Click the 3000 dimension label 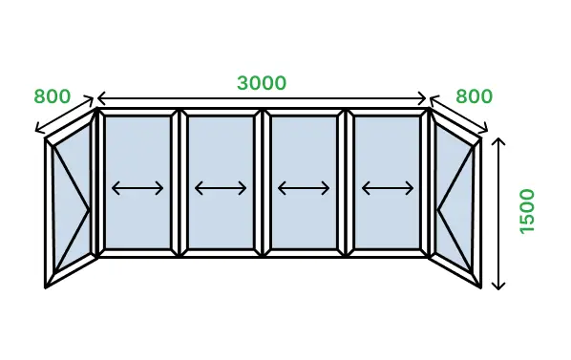tap(262, 83)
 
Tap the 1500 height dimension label tap(527, 211)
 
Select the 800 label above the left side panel tap(52, 96)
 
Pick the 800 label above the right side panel tap(474, 96)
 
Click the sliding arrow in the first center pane tap(137, 188)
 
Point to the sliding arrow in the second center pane tap(221, 188)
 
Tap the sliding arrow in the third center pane tap(304, 188)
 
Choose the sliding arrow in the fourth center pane tap(388, 188)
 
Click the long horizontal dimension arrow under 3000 tap(262, 98)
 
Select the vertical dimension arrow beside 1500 tap(498, 214)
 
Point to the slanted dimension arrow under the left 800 tap(64, 114)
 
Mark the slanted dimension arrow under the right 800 tap(458, 114)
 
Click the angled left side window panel tap(71, 199)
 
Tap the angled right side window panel tap(455, 199)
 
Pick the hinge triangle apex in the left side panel tap(89, 210)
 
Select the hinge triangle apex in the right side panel tap(437, 209)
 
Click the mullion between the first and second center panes tap(180, 183)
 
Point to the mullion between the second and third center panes tap(263, 183)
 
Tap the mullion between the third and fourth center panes tap(346, 183)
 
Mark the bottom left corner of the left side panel tap(45, 288)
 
